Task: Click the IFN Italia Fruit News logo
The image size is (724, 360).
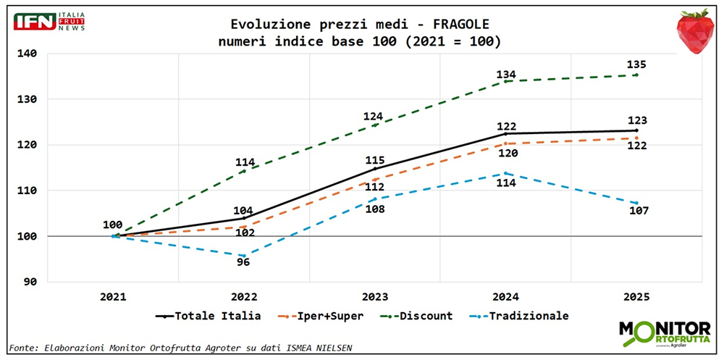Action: pos(49,21)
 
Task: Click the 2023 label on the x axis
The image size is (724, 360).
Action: pos(375,296)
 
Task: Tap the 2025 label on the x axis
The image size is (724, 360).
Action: pos(636,296)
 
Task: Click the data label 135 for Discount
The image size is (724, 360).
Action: pos(636,64)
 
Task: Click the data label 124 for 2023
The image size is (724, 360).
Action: pos(374,115)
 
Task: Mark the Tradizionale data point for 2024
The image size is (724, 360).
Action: pos(505,173)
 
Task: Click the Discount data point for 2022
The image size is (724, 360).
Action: pos(244,171)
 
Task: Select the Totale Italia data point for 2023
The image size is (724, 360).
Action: pos(375,168)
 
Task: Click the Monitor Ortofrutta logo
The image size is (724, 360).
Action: pos(664,332)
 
